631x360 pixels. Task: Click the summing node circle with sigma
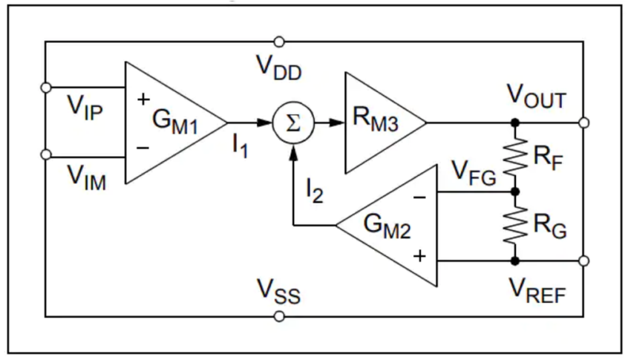coord(293,122)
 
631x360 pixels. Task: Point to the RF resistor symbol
coord(514,157)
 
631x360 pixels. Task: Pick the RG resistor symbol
coord(514,226)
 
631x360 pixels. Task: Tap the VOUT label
coord(536,97)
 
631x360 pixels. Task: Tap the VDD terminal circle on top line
coord(279,42)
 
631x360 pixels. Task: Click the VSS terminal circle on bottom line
coord(279,316)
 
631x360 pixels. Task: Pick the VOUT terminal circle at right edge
coord(585,122)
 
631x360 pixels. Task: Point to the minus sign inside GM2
coord(420,198)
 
